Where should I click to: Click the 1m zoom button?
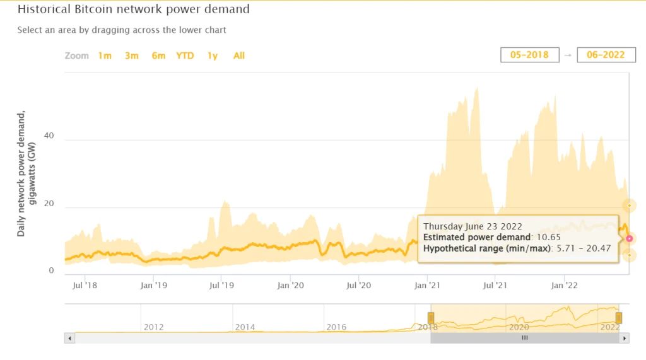(x=105, y=55)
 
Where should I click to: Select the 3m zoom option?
(x=131, y=55)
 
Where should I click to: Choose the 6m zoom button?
(x=158, y=55)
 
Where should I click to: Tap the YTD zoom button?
(x=185, y=55)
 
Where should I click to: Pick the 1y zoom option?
(x=213, y=55)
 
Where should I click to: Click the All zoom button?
(x=239, y=55)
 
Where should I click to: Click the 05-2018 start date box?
(x=530, y=55)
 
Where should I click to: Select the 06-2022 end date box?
(x=606, y=55)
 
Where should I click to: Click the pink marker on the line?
(x=630, y=238)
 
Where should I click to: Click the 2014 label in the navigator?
(x=245, y=327)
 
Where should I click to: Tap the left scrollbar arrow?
(x=69, y=339)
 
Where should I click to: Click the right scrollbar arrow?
(x=625, y=339)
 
